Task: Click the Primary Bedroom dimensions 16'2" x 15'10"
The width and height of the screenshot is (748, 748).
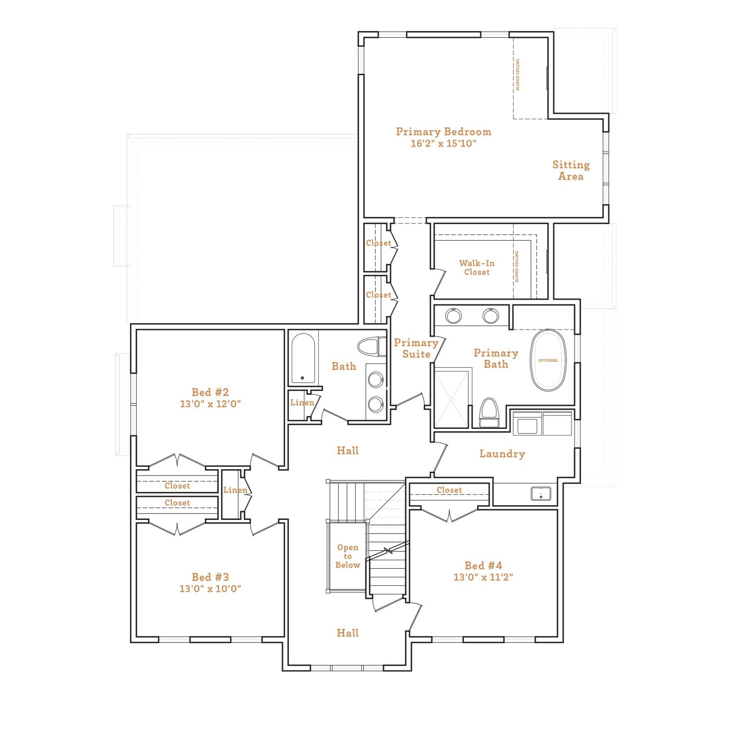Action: click(443, 144)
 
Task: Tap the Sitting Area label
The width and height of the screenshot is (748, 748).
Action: click(571, 170)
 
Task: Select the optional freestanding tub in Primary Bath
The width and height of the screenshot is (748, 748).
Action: click(548, 360)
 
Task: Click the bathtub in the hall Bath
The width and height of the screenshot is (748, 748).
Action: click(303, 358)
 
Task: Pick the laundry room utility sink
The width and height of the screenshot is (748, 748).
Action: click(541, 494)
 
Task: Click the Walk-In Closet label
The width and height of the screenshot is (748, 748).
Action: click(477, 268)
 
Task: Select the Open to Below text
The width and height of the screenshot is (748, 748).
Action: click(347, 556)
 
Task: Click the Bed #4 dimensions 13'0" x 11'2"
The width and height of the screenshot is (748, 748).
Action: click(483, 577)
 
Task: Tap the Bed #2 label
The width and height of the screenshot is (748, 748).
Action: click(210, 392)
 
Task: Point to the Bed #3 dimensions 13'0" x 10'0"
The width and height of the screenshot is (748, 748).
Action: click(210, 589)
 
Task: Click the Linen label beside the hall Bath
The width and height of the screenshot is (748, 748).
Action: click(302, 403)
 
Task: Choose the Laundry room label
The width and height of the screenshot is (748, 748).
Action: click(502, 454)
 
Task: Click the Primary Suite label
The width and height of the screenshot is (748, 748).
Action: click(416, 348)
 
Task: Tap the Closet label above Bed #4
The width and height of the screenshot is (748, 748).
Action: click(449, 490)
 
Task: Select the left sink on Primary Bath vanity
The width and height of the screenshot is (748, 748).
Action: click(453, 316)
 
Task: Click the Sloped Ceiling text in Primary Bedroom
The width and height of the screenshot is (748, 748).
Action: click(518, 75)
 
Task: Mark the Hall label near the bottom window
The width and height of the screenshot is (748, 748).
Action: click(347, 633)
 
